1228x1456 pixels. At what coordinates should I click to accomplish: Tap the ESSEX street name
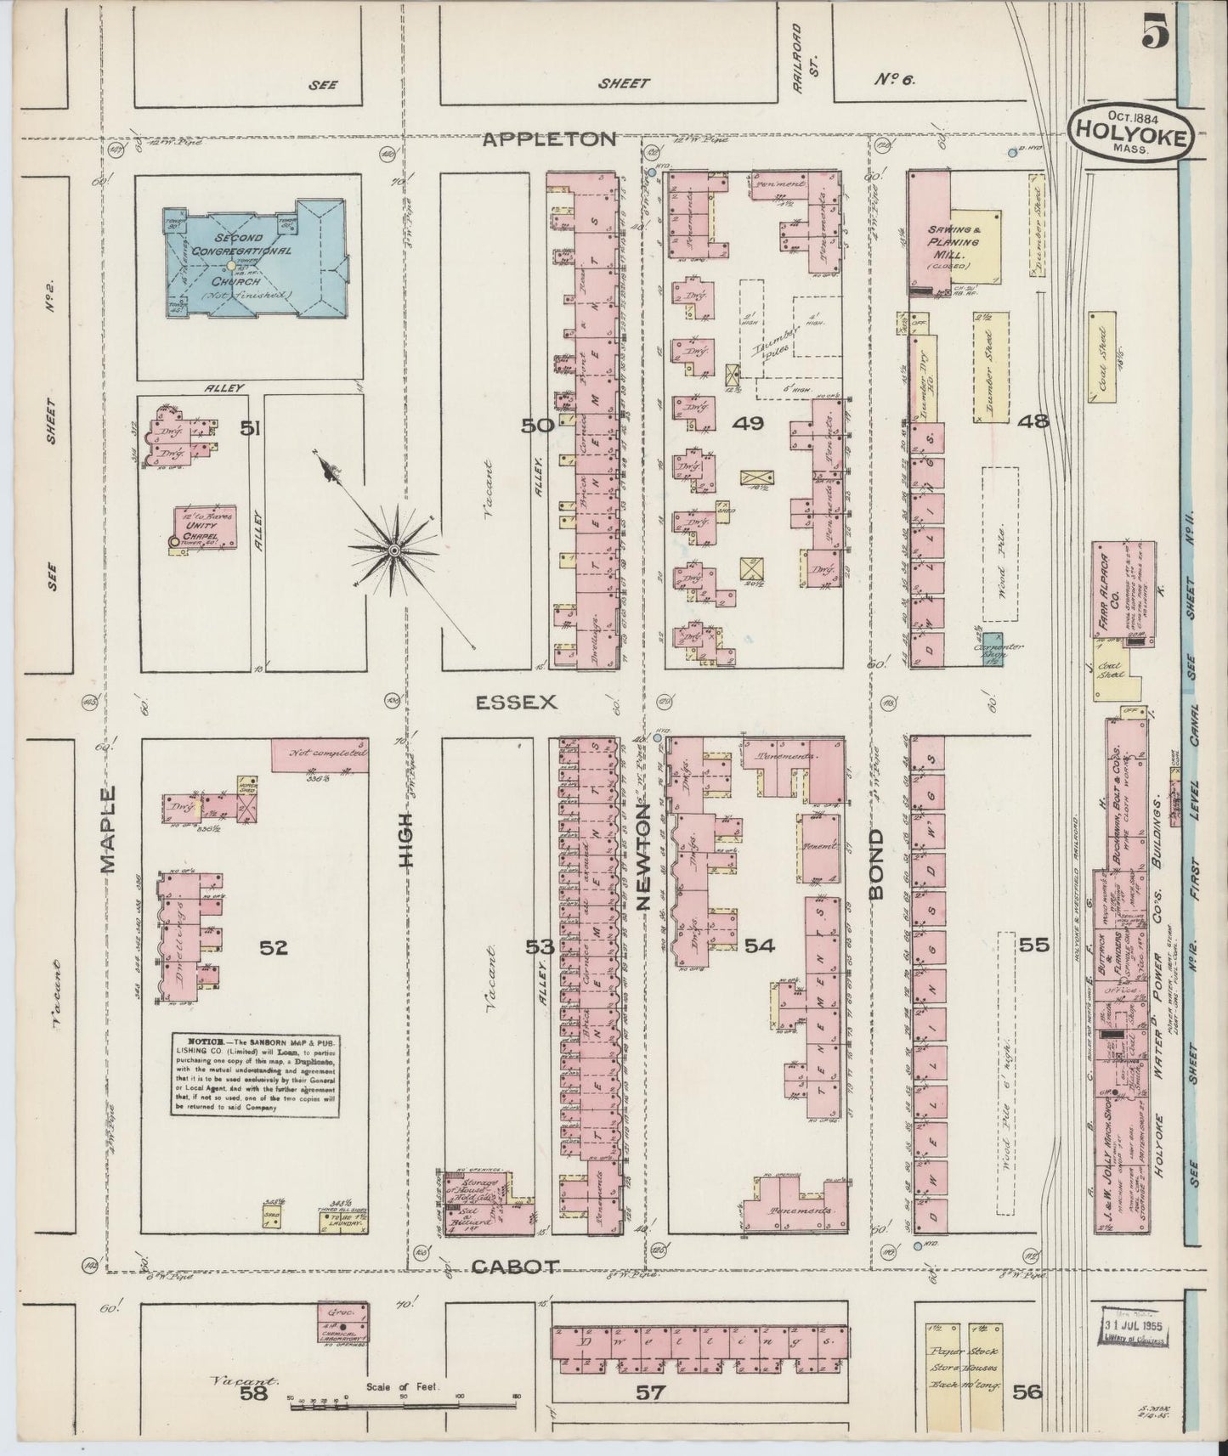515,702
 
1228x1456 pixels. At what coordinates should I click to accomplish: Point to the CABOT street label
515,1267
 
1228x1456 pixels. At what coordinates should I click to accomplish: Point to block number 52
274,947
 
